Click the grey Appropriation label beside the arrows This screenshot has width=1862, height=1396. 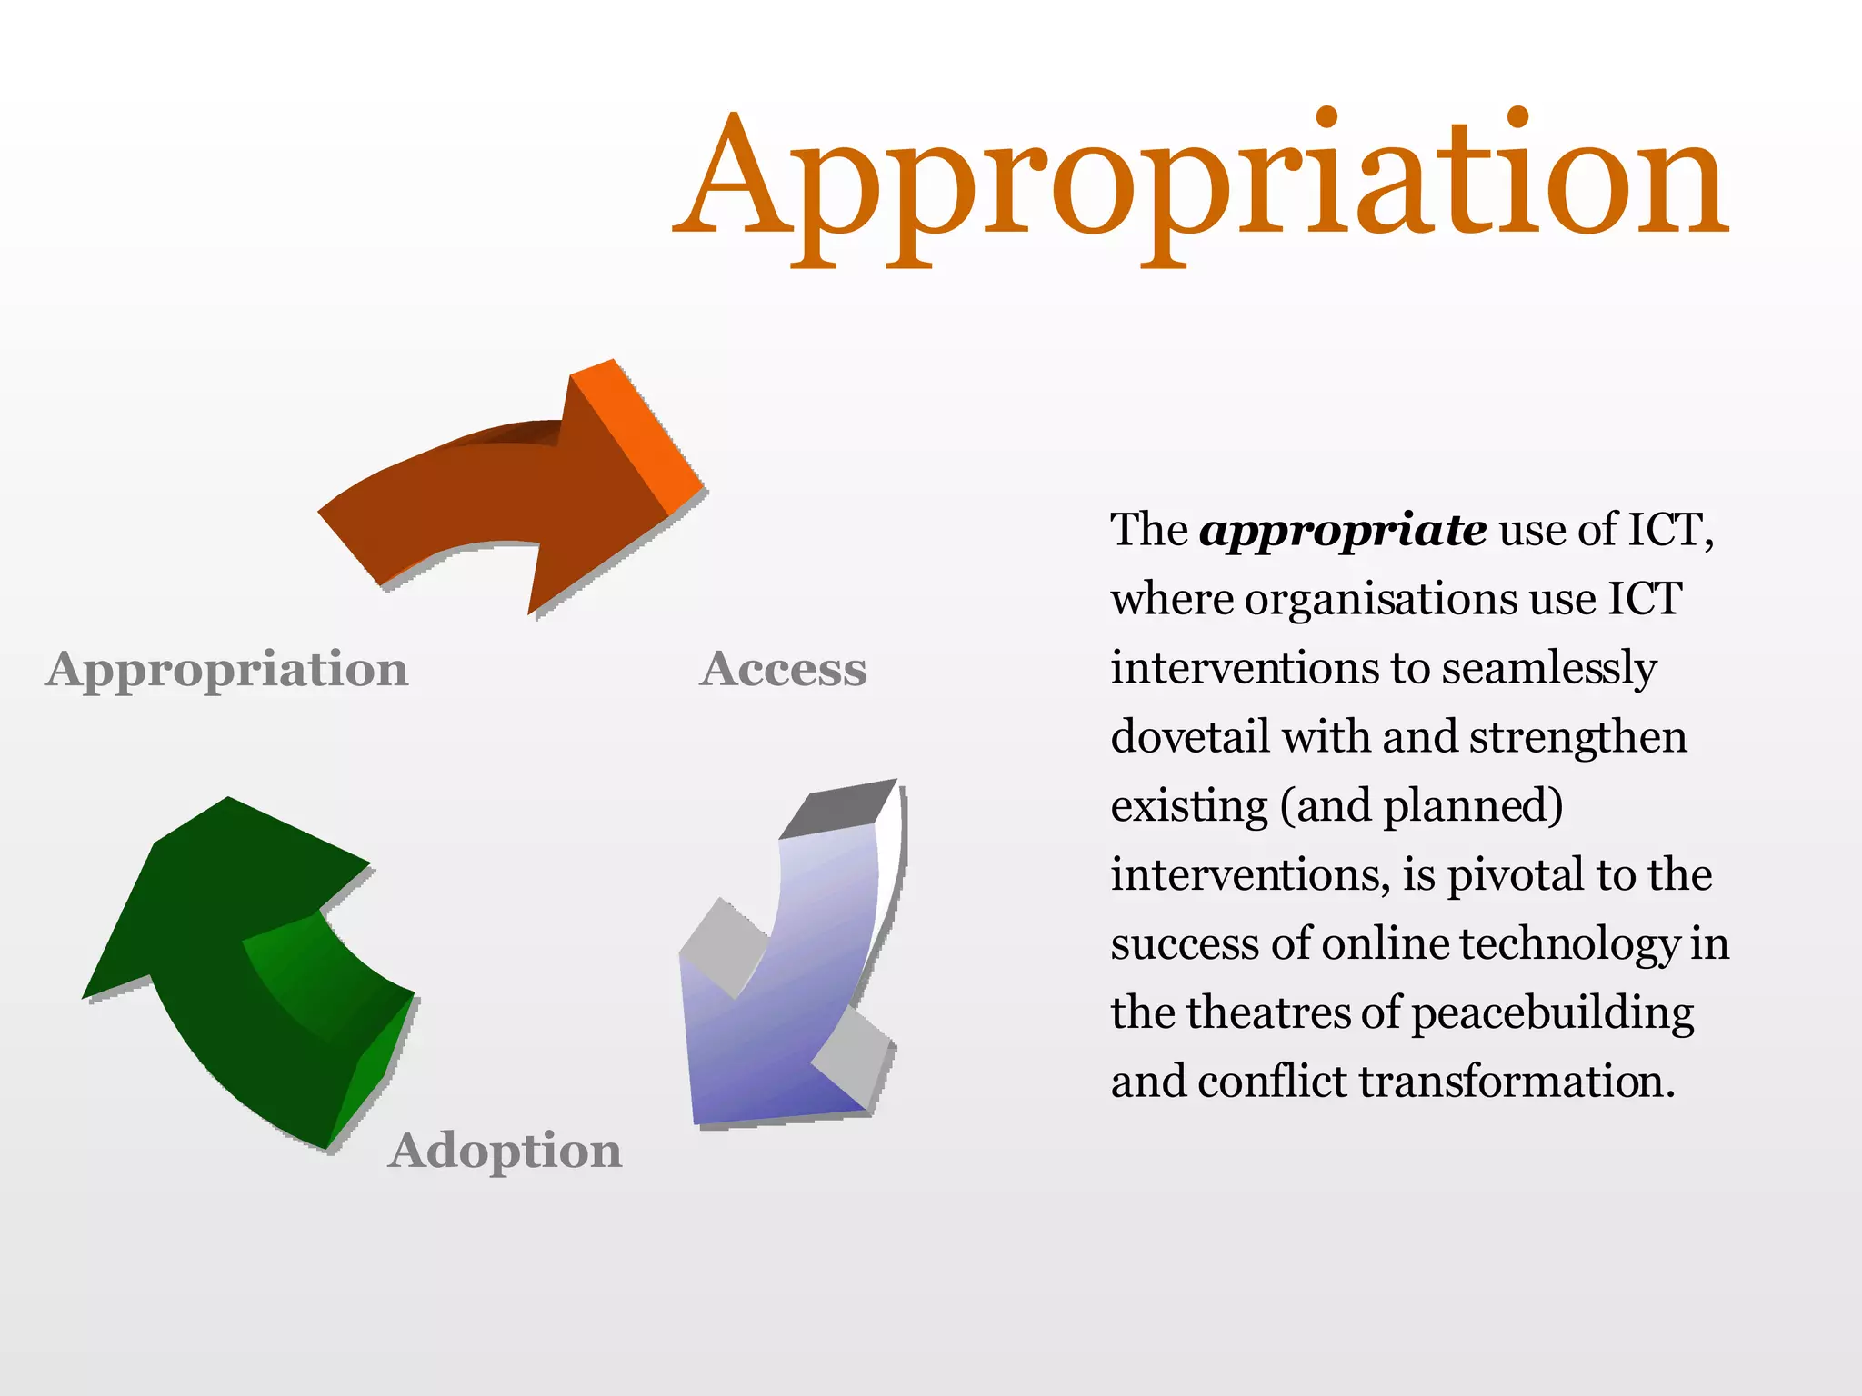[x=227, y=670]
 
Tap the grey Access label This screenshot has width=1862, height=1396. [x=783, y=670]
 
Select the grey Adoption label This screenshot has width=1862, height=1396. [x=506, y=1151]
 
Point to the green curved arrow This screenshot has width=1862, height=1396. [x=236, y=963]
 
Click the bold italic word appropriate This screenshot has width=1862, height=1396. [x=1343, y=531]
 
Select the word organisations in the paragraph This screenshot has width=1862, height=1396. [x=1380, y=600]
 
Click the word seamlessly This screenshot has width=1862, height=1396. [x=1549, y=670]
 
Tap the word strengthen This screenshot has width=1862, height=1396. [x=1577, y=738]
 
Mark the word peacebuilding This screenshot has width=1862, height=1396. [x=1553, y=1014]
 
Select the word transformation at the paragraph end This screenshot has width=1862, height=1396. [x=1517, y=1082]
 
